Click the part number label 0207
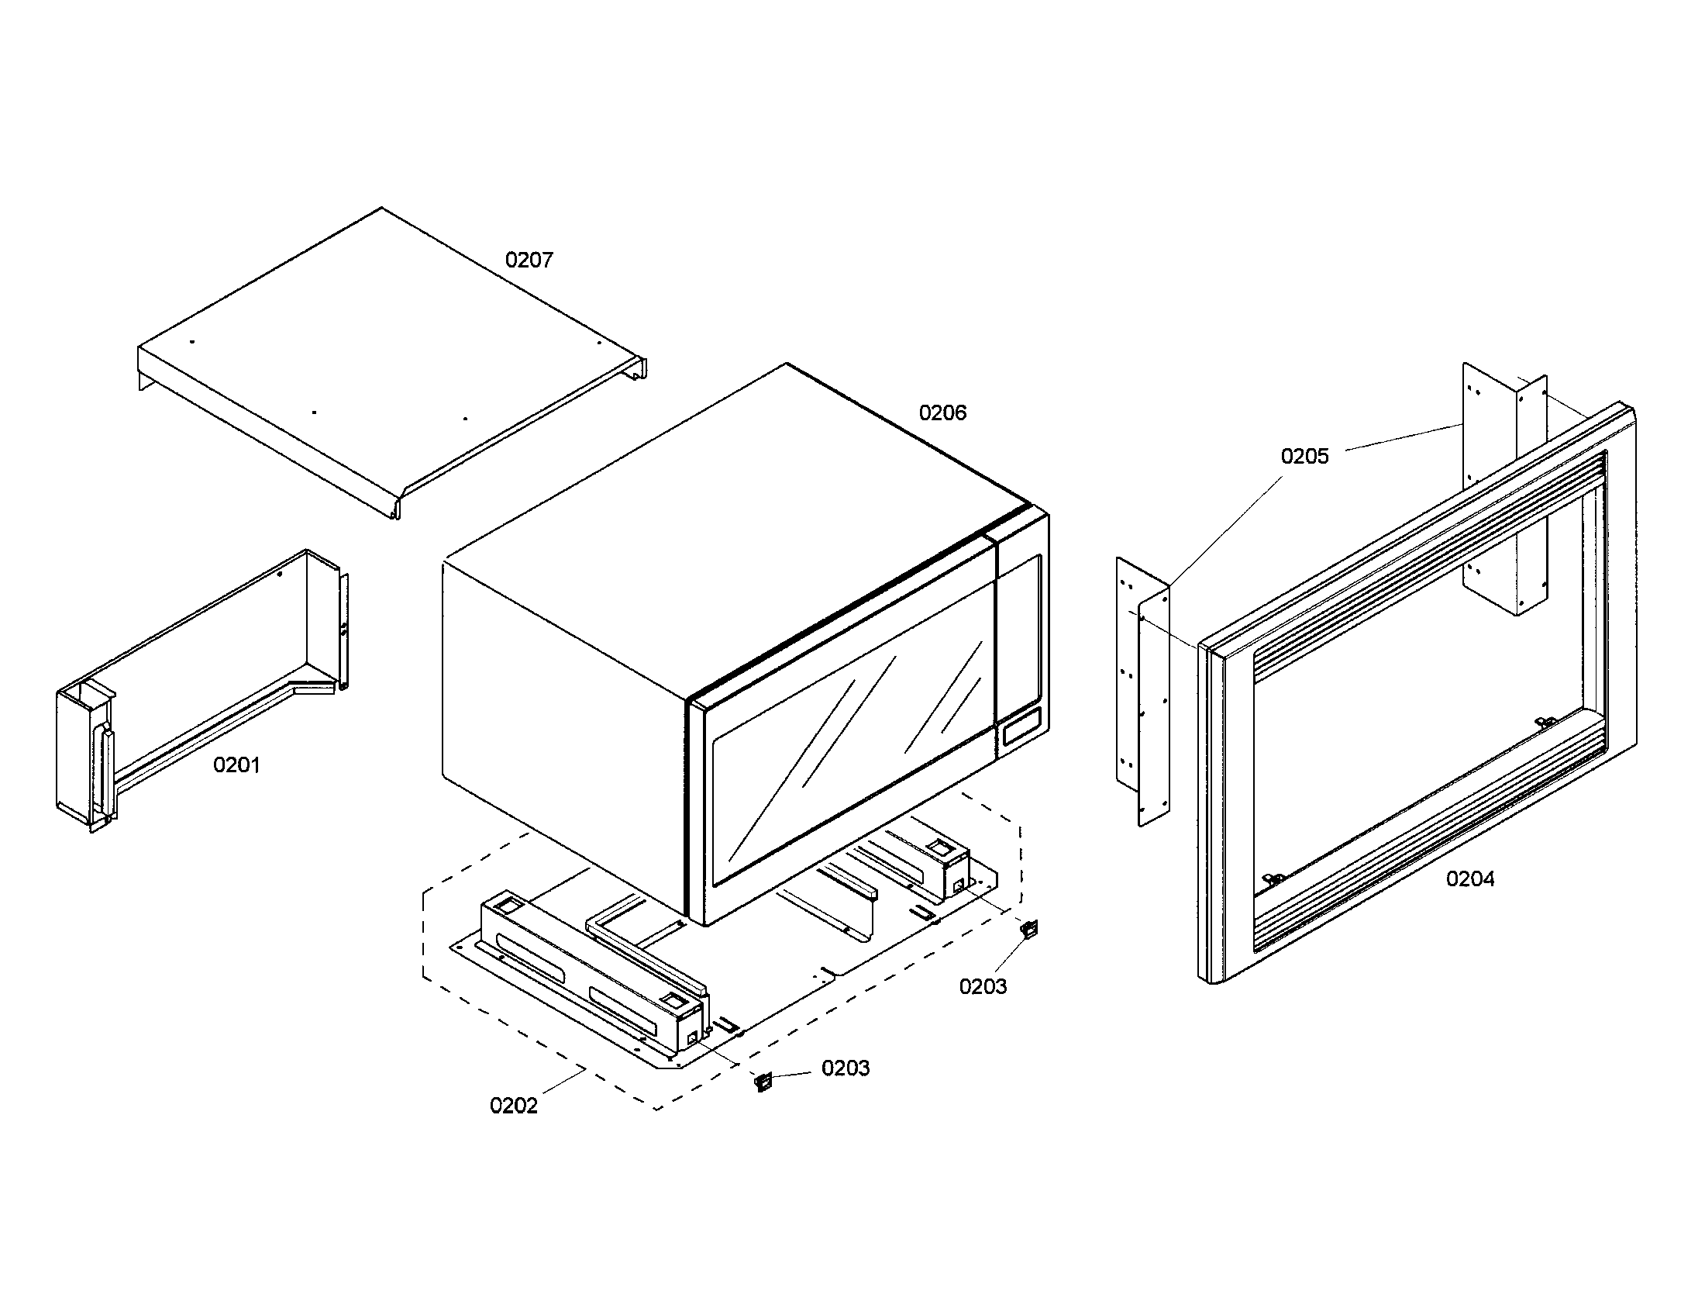pos(529,260)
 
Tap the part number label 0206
pos(942,413)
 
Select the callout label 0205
pos(1304,457)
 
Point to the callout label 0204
pos(1470,879)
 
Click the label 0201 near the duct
pos(236,765)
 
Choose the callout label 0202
pos(514,1106)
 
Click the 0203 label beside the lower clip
pos(846,1068)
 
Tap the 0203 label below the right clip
pos(983,987)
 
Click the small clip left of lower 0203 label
pos(763,1082)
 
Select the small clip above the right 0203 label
pos(1031,928)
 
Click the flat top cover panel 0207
pos(391,359)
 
